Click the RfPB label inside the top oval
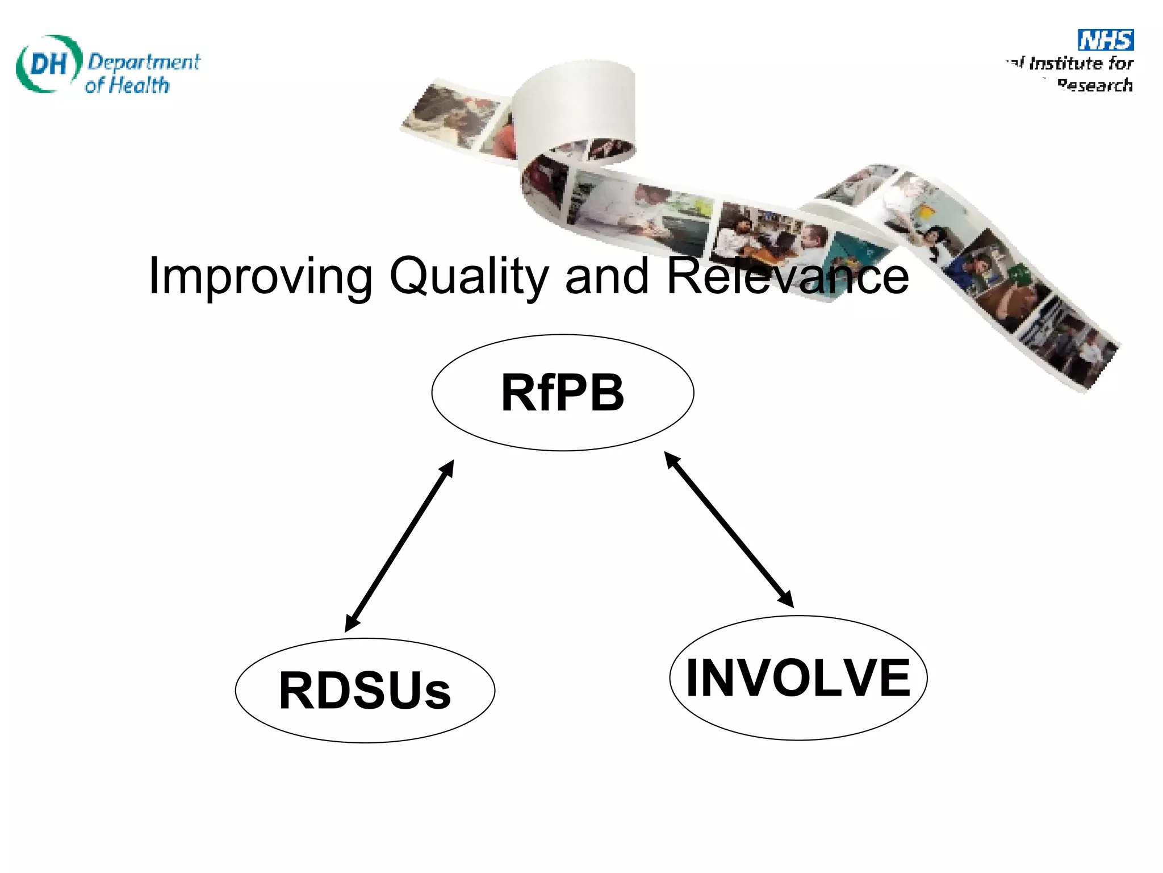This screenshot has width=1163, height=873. (x=562, y=393)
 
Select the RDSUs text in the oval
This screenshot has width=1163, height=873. (x=365, y=691)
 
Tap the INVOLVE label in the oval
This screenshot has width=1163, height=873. (x=798, y=677)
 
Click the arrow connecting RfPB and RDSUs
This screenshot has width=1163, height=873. (x=399, y=546)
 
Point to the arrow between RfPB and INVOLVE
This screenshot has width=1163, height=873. (x=729, y=529)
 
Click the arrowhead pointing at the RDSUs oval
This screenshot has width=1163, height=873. (x=352, y=623)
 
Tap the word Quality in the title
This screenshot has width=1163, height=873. (x=468, y=277)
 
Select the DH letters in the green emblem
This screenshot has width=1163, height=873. (x=48, y=64)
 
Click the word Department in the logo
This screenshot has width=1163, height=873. (x=144, y=61)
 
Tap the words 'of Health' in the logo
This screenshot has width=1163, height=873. (x=127, y=86)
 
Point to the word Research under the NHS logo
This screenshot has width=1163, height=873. (x=1094, y=85)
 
